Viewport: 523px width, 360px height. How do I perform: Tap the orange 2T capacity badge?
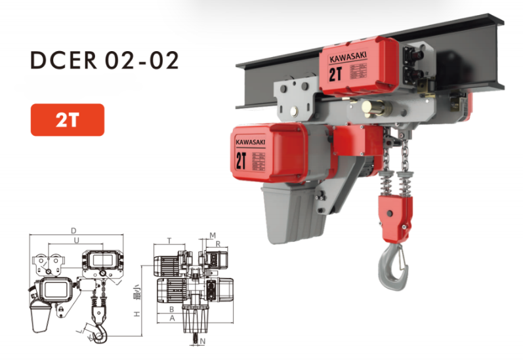pos(67,120)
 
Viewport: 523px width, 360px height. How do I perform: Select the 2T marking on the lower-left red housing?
pos(241,161)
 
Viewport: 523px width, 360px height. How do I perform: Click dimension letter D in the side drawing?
pos(74,231)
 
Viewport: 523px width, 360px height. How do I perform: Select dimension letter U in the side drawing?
pos(77,241)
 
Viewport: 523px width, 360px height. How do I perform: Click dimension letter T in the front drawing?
pos(169,241)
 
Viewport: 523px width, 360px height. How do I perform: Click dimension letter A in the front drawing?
pos(172,318)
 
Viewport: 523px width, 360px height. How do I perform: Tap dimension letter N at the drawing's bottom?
pos(203,342)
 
